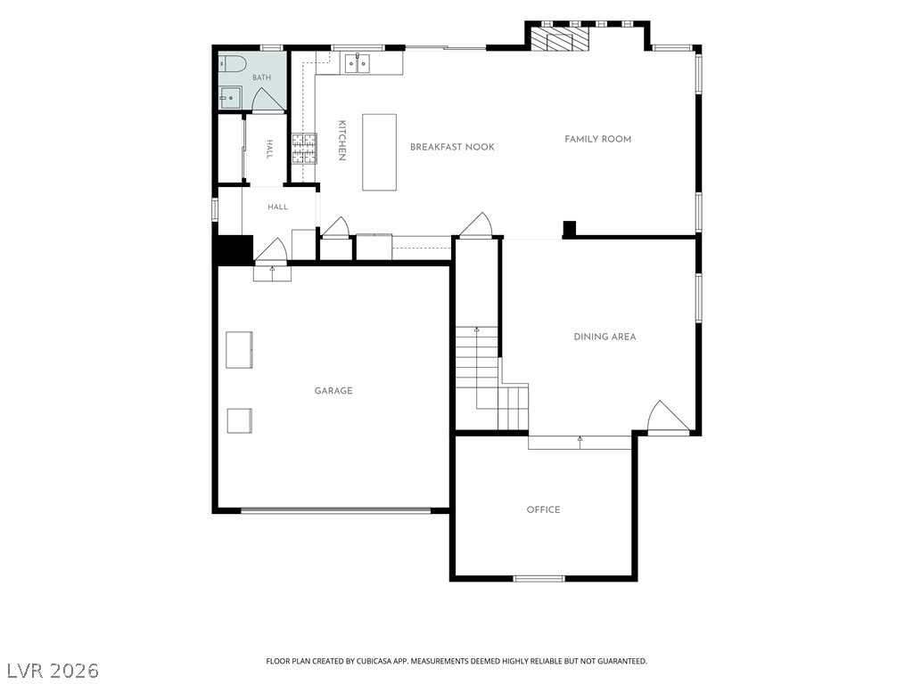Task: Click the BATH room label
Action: [261, 77]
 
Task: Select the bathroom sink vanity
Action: [230, 97]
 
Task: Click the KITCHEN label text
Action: [341, 140]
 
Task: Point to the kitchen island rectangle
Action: [380, 152]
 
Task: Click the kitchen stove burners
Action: [304, 149]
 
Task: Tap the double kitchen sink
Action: [357, 62]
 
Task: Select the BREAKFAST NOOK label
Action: [452, 147]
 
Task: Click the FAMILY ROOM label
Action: [598, 139]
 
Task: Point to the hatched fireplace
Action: [559, 40]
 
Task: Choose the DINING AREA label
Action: [605, 337]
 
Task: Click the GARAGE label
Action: [333, 391]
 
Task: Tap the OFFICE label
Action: [543, 510]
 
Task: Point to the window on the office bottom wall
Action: [539, 578]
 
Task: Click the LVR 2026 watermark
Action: [50, 671]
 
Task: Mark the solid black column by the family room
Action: [569, 229]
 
